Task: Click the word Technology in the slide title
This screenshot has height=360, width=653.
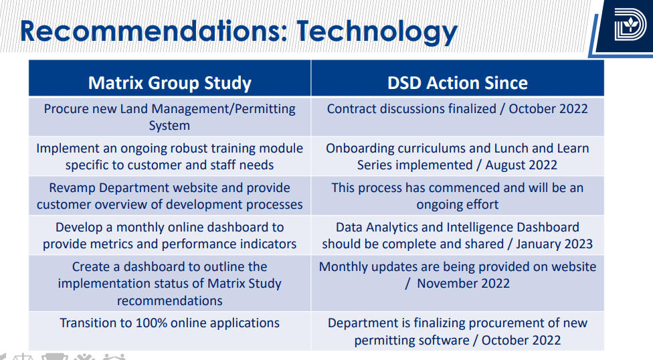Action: coord(377,31)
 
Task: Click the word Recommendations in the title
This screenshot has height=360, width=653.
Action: coord(154,31)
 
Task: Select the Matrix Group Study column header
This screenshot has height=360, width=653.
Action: coord(170,83)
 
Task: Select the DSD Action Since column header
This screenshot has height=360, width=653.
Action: coord(458,83)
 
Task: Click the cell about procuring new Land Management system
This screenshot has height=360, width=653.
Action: coord(170,117)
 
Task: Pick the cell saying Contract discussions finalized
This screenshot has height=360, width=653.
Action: coord(458,109)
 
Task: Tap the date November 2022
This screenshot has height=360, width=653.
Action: coord(463,284)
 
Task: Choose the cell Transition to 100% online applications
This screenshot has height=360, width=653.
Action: coord(170,323)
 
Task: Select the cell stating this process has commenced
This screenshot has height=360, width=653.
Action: coord(458,196)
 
